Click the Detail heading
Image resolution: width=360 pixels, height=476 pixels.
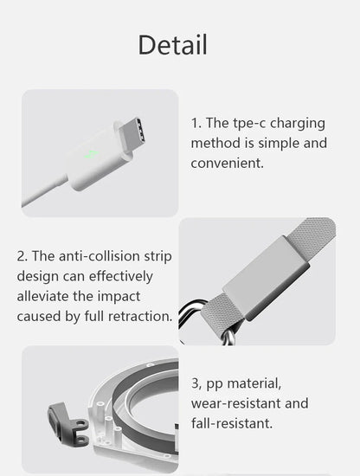pos(173,45)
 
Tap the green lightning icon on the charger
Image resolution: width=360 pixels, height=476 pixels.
pos(92,155)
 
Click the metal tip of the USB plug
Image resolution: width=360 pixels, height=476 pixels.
pos(132,133)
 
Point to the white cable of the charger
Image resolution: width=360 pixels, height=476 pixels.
pos(44,190)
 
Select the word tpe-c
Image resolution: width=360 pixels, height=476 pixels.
pos(249,124)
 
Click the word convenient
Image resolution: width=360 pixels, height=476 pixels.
pos(227,164)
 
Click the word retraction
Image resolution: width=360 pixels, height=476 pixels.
pos(140,316)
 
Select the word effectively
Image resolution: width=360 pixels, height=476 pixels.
pos(120,277)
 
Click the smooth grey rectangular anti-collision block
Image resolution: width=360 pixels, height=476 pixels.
pos(266,278)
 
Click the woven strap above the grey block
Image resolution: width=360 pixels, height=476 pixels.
pos(312,236)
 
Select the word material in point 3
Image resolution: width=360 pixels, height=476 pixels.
pos(254,383)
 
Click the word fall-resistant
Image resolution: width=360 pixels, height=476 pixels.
pos(232,423)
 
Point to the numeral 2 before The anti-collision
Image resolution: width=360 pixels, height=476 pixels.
pos(22,256)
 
